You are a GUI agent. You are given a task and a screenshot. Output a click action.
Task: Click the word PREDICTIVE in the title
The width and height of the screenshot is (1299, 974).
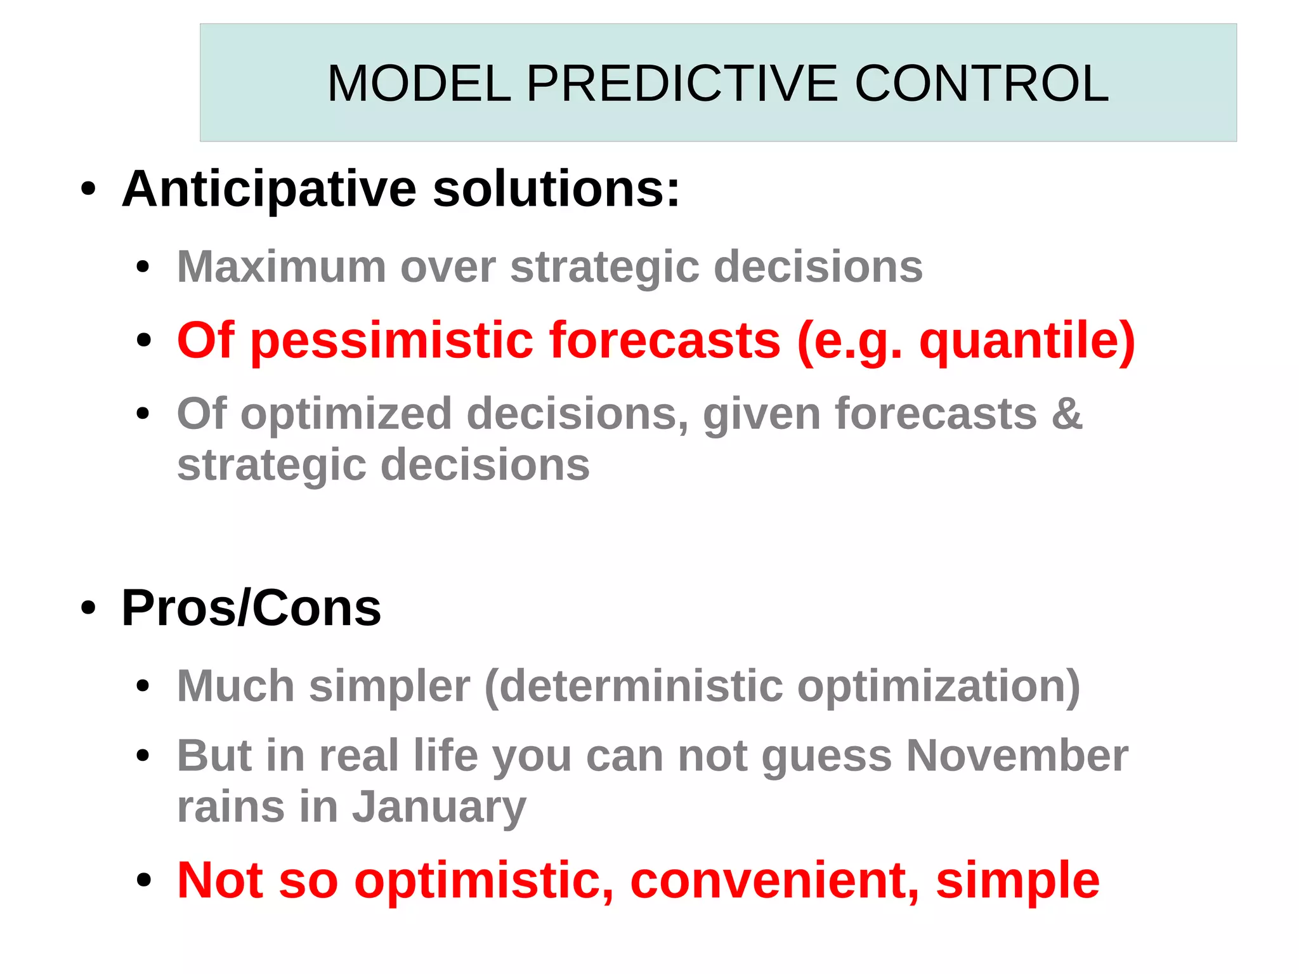[x=682, y=84]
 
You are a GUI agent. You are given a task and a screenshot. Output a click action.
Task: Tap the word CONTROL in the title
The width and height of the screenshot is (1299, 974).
[x=981, y=84]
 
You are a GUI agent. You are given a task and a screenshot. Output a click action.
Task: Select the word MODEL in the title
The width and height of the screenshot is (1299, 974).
[x=419, y=84]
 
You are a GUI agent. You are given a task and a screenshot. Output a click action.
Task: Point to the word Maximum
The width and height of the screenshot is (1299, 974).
[x=281, y=267]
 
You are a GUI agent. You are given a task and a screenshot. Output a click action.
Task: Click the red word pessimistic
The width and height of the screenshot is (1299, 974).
[x=392, y=341]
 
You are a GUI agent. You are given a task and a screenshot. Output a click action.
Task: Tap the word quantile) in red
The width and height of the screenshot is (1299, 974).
[x=1027, y=341]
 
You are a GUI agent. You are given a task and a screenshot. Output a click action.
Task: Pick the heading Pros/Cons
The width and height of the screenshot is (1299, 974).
[x=251, y=609]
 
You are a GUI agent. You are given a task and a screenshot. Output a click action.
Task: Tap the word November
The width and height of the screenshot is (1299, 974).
[x=1017, y=756]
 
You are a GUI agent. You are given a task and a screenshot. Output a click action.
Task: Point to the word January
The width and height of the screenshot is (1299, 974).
[x=439, y=808]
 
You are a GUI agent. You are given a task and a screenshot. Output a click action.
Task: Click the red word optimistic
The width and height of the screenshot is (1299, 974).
[x=484, y=881]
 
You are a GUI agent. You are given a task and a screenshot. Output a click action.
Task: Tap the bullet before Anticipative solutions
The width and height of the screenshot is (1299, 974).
[x=88, y=189]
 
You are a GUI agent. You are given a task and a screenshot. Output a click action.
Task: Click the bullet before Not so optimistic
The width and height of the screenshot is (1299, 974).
[x=144, y=881]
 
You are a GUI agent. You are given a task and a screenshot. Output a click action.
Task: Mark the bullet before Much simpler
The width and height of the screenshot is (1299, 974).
[x=144, y=687]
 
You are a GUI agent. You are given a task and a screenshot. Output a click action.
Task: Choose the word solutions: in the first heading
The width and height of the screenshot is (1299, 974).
[x=556, y=190]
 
